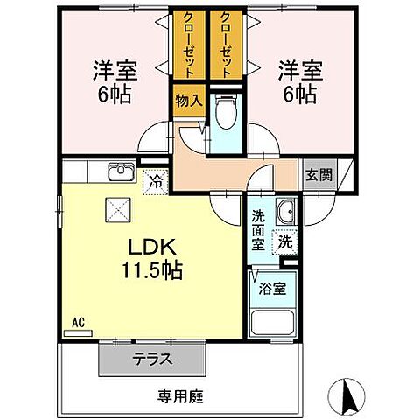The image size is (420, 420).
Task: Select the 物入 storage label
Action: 188,101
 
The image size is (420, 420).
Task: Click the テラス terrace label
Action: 153,358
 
